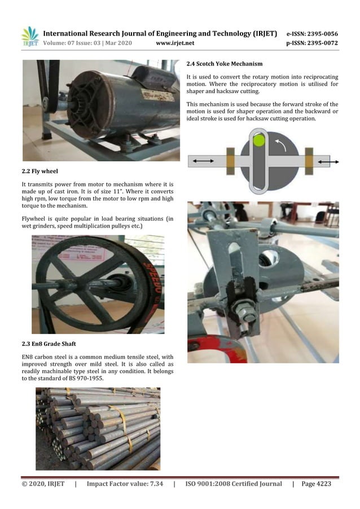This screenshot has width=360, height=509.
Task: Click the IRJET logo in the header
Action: pos(30,37)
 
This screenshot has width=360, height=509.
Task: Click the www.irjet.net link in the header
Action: pos(175,43)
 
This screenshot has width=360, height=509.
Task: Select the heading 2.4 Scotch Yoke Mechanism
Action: pos(225,63)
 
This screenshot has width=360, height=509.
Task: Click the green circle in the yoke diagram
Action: pos(258,139)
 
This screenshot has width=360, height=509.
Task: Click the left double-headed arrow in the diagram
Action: pos(203,161)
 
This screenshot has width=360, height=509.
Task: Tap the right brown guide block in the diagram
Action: pos(309,161)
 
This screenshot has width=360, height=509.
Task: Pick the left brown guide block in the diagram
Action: pos(230,161)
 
